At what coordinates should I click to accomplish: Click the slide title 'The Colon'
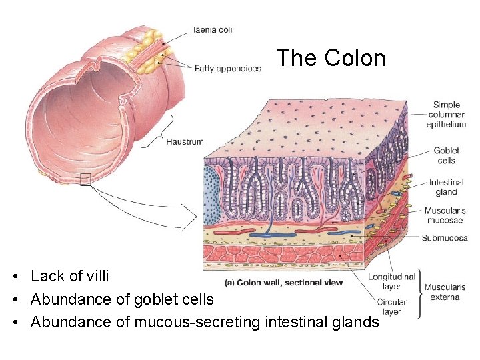tap(331, 58)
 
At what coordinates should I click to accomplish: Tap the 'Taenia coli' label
tap(212, 30)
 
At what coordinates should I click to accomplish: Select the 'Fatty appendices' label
tap(228, 68)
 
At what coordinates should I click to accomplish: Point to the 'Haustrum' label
tap(185, 141)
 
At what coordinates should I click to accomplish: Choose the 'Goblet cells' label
tap(446, 155)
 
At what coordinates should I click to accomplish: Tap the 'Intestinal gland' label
tap(447, 187)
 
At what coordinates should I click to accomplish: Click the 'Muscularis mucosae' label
tap(445, 216)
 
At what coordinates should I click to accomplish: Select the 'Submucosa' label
tap(445, 238)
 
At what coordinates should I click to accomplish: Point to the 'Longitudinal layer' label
tap(393, 281)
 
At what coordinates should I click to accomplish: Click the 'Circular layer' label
tap(392, 307)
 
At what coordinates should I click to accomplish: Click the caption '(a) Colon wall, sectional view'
tap(284, 283)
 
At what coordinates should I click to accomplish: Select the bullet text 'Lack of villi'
tap(69, 276)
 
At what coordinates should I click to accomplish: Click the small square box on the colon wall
tap(85, 179)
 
